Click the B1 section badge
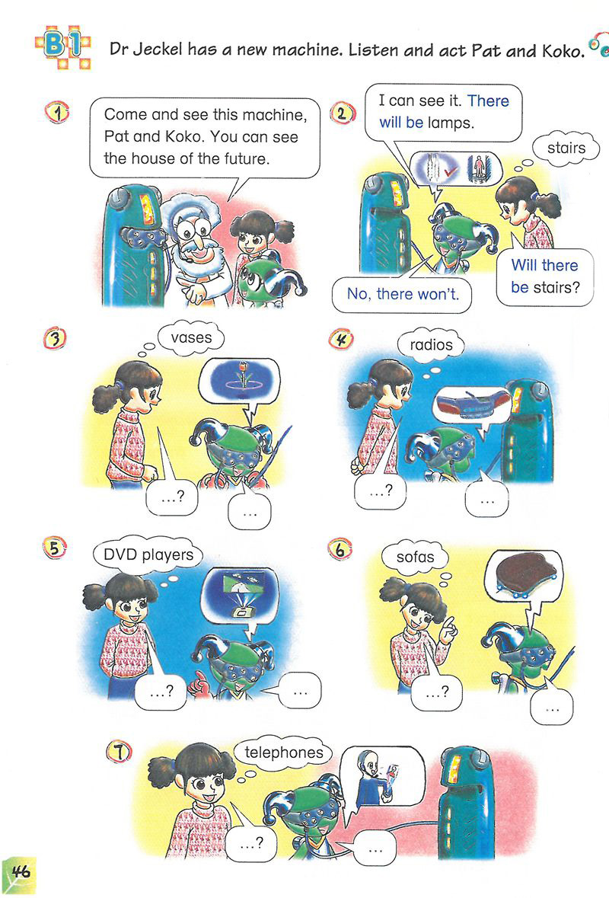pyautogui.click(x=62, y=46)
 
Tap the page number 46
pyautogui.click(x=20, y=872)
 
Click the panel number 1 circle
pyautogui.click(x=57, y=112)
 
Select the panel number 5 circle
pyautogui.click(x=54, y=548)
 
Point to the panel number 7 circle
pyautogui.click(x=119, y=752)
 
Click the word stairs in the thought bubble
pyautogui.click(x=566, y=148)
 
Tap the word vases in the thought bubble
pyautogui.click(x=191, y=337)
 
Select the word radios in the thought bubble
pyautogui.click(x=431, y=345)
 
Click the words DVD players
pyautogui.click(x=148, y=555)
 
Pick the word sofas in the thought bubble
pyautogui.click(x=415, y=557)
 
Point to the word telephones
pyautogui.click(x=284, y=752)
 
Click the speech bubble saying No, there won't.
pyautogui.click(x=403, y=294)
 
